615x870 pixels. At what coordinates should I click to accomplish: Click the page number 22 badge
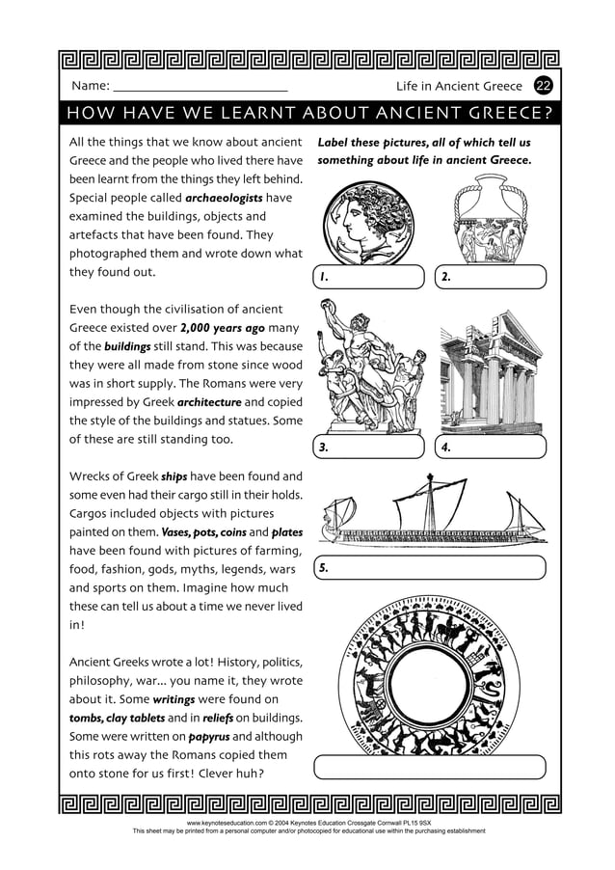coord(544,87)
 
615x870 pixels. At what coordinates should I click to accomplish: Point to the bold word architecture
coord(209,402)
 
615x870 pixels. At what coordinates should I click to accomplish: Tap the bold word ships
coord(174,476)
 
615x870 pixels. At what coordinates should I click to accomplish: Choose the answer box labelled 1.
coord(370,277)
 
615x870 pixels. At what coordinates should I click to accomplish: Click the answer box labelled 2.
coord(491,277)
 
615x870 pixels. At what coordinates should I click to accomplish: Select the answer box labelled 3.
coord(370,448)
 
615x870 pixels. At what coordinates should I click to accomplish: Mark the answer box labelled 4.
coord(491,448)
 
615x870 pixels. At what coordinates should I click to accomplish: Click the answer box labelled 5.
coord(430,568)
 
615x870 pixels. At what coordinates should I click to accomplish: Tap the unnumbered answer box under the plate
coord(430,767)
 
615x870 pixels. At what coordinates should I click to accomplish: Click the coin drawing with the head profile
coord(366,223)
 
